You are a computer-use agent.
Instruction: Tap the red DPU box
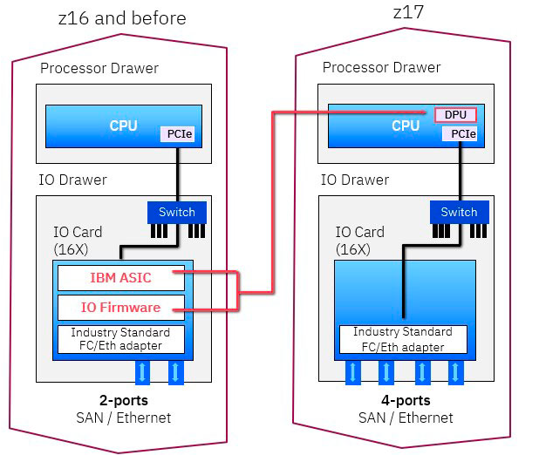point(455,115)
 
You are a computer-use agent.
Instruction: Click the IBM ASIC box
point(121,278)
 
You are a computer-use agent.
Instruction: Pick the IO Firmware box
point(121,307)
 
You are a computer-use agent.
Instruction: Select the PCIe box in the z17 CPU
point(460,134)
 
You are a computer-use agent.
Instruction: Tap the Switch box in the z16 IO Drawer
point(177,212)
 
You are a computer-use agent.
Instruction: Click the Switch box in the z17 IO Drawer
point(459,212)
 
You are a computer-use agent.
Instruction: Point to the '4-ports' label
point(406,401)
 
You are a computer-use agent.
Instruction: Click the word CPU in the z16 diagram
point(123,126)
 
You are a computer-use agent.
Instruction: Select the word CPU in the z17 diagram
point(405,126)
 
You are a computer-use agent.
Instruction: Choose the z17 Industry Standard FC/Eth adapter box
point(402,339)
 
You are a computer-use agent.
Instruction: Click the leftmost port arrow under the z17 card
point(353,372)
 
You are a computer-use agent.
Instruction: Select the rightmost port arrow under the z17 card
point(454,372)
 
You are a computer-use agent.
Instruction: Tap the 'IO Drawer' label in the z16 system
point(73,180)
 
